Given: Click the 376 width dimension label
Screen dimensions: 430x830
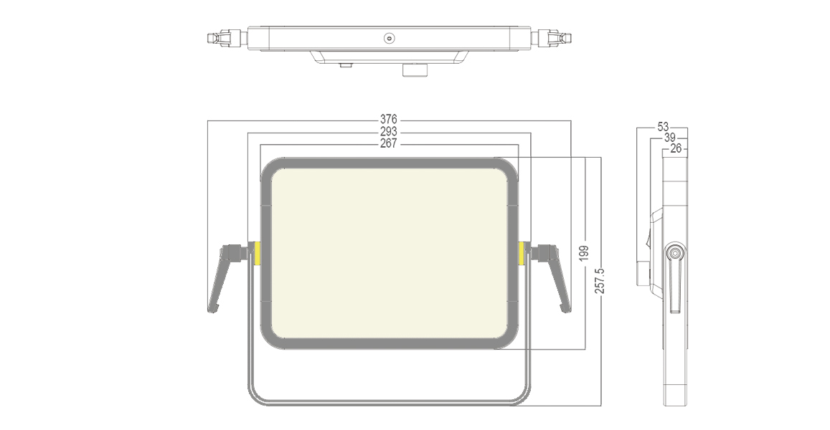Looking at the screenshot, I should (388, 119).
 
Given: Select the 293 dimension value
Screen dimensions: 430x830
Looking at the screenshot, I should (388, 132).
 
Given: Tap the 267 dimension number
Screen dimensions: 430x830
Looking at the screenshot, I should (388, 144).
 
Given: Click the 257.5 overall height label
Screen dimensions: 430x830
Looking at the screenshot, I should (600, 280).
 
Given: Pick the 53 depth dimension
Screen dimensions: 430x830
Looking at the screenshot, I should (663, 127).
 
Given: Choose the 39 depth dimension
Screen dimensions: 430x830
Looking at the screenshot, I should (669, 138).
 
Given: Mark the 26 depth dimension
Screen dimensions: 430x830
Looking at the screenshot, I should (675, 149).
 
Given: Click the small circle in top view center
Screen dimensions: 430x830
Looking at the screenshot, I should (389, 38).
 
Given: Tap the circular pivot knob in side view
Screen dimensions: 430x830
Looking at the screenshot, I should (674, 253).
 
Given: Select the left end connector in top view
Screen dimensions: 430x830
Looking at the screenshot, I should (225, 37).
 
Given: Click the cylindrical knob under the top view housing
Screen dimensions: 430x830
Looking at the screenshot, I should (414, 70).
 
